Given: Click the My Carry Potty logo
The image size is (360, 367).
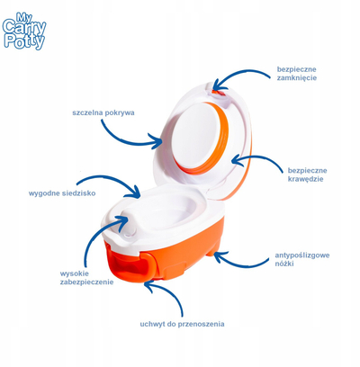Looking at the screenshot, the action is click(x=24, y=31).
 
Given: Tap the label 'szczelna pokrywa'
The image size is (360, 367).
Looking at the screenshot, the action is click(x=103, y=113).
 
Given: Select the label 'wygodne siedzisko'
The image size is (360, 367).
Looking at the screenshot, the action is click(x=62, y=193).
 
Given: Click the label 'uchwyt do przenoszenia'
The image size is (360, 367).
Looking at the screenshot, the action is click(x=182, y=324).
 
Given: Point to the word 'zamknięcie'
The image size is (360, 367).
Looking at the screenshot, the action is click(x=297, y=78).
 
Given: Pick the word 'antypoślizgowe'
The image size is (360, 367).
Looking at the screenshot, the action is click(x=302, y=255).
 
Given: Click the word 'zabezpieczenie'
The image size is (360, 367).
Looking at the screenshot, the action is click(x=86, y=282).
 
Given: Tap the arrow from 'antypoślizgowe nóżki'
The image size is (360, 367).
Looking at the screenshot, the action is click(x=240, y=264).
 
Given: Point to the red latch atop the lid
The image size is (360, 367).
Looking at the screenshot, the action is click(x=218, y=93).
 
